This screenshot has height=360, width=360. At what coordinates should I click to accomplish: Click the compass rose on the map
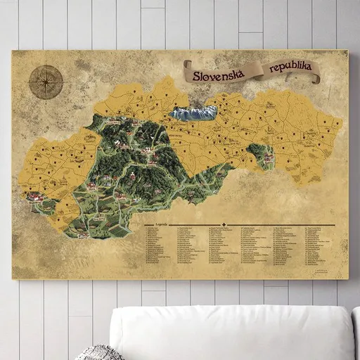[46, 83]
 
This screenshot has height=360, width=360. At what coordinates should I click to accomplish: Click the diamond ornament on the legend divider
[224, 225]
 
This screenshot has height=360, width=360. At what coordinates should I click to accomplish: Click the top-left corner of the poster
[13, 51]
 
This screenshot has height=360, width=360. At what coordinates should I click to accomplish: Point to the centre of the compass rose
[46, 83]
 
